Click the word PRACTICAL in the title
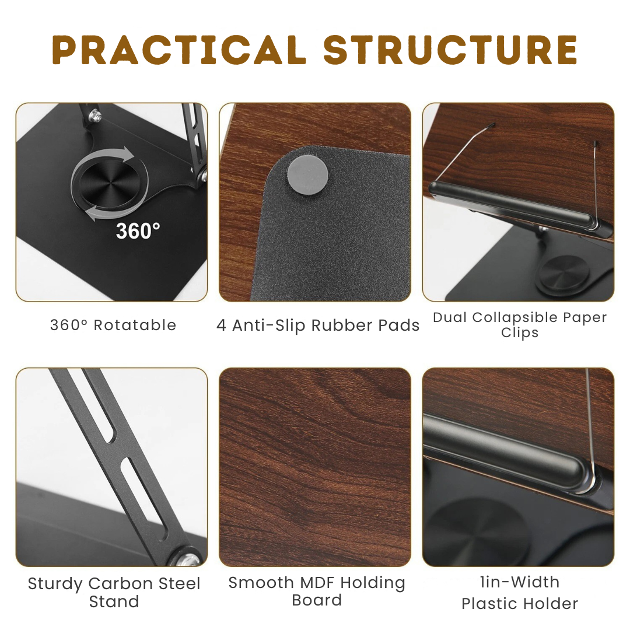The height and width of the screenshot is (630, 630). coord(179,50)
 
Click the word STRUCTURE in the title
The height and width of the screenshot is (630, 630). coord(450,50)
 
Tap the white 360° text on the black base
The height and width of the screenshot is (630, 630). coord(138,231)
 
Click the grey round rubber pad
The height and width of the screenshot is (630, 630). coord(308,175)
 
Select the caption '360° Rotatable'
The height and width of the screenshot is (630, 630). coord(113,325)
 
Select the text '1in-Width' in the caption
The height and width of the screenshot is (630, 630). coord(520,582)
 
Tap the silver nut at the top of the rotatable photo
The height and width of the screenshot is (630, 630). coord(95,116)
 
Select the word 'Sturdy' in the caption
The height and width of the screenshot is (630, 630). coord(55,584)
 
